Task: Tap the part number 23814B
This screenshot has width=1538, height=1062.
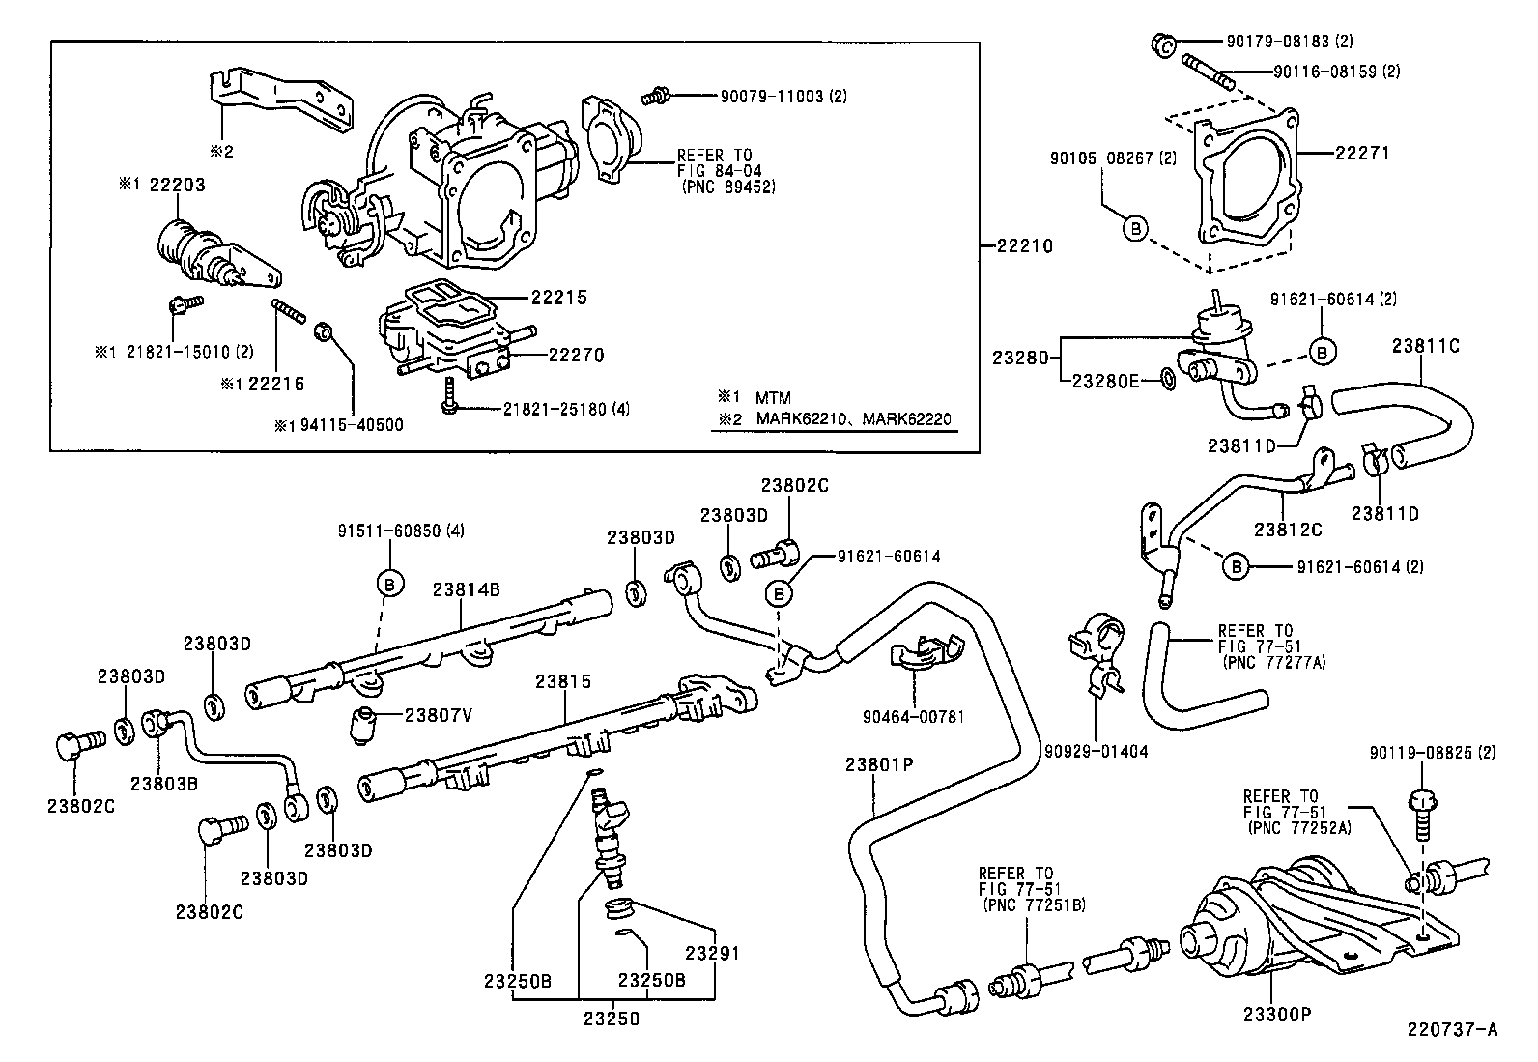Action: (x=467, y=588)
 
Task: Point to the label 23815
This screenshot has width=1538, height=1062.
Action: (x=563, y=681)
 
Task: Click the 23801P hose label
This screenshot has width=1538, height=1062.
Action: (x=879, y=764)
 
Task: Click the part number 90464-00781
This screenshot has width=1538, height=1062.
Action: (x=913, y=716)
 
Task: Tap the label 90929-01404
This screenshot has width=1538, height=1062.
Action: (x=1097, y=750)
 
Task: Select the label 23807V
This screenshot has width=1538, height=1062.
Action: (x=438, y=715)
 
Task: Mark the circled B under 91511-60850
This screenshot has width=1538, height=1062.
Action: (x=389, y=583)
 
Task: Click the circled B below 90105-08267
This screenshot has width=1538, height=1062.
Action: (x=1137, y=228)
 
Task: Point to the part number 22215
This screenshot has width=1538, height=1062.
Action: (x=557, y=299)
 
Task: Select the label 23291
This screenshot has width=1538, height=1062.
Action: (x=712, y=954)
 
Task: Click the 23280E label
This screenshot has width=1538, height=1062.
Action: (x=1107, y=381)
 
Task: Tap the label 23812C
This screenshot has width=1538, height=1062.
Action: (x=1288, y=530)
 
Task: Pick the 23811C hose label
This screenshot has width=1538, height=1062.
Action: (x=1425, y=345)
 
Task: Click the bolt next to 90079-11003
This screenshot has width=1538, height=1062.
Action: (x=657, y=96)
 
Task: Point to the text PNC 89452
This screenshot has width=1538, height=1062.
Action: (x=728, y=187)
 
